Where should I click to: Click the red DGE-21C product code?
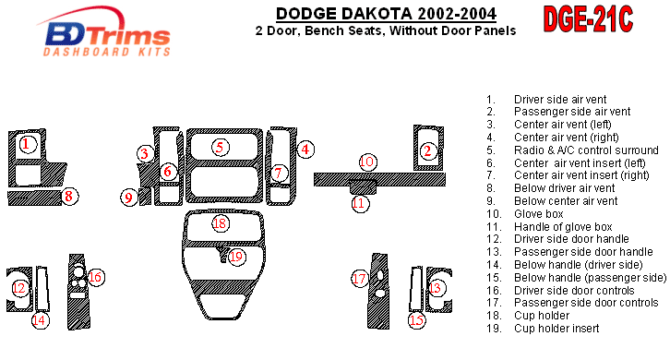point(588,19)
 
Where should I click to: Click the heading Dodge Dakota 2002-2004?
point(386,14)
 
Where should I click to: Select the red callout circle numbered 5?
point(220,148)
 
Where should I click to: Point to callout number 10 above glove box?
point(367,162)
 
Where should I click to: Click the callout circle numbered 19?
point(236,257)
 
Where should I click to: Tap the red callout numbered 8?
point(69,197)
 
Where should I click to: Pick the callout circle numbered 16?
point(95,277)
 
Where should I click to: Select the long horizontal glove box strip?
point(379,179)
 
